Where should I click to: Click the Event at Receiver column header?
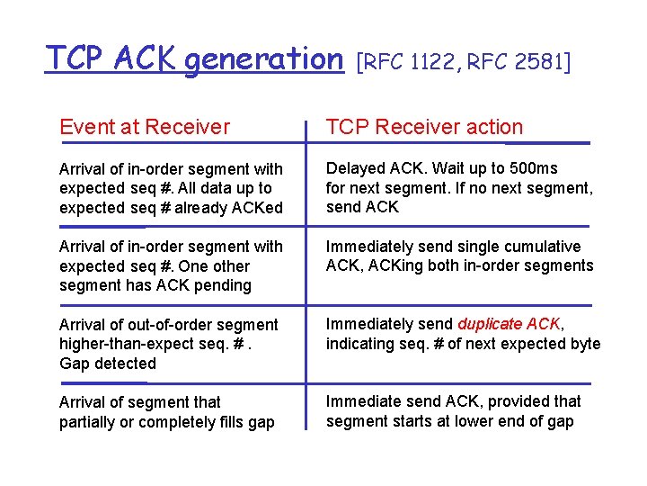tap(145, 127)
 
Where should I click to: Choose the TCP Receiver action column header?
tap(424, 127)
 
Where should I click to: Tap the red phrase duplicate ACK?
tap(509, 324)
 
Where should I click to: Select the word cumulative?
tap(540, 246)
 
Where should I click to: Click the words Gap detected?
tap(108, 364)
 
